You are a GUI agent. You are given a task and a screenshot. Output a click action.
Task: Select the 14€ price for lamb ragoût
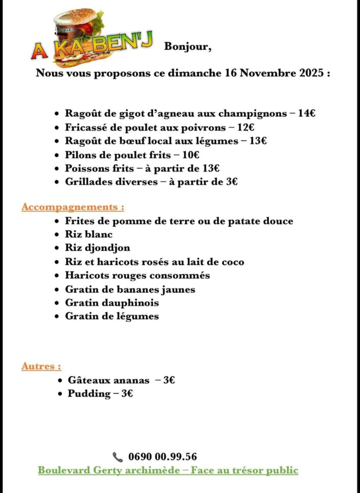tap(307, 113)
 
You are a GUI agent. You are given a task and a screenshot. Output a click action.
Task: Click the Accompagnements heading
tap(73, 207)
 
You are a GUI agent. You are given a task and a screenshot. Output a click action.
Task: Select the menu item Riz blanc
tap(89, 234)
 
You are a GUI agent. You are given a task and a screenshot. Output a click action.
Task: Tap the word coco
tap(233, 262)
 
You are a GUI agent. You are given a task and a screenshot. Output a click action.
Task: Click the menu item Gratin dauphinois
tap(112, 303)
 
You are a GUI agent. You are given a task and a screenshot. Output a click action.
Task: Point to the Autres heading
tap(41, 366)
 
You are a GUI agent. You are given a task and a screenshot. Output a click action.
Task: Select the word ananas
tap(131, 381)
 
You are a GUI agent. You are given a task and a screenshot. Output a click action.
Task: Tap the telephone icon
tap(117, 457)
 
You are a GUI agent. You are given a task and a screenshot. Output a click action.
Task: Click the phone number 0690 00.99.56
tap(162, 457)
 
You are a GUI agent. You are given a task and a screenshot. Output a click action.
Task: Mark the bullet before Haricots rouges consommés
tap(57, 276)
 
